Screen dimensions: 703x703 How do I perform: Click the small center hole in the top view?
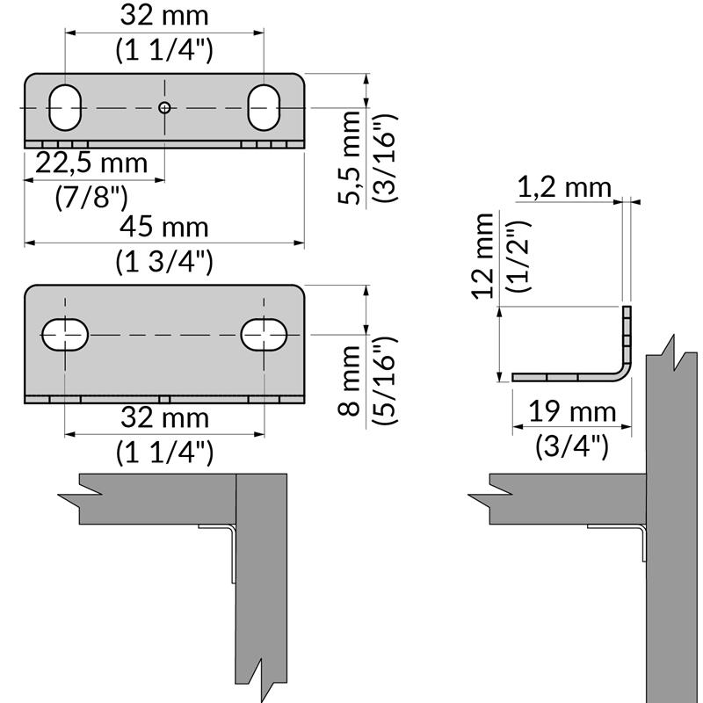(164, 107)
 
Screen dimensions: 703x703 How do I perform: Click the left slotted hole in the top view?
(65, 107)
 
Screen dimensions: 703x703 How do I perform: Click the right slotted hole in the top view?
(264, 107)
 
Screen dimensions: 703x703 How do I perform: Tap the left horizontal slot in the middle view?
(65, 334)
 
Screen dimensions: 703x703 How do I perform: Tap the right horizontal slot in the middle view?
(265, 334)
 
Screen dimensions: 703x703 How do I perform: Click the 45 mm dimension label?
(164, 227)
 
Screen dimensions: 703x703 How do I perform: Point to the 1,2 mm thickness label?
(563, 186)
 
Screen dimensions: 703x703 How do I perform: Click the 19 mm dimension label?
(572, 411)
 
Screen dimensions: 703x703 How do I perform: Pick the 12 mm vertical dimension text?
(482, 257)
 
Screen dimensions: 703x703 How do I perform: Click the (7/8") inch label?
(91, 195)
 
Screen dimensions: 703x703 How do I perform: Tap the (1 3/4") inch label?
(164, 260)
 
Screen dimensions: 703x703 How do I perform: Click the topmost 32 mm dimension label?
(164, 15)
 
